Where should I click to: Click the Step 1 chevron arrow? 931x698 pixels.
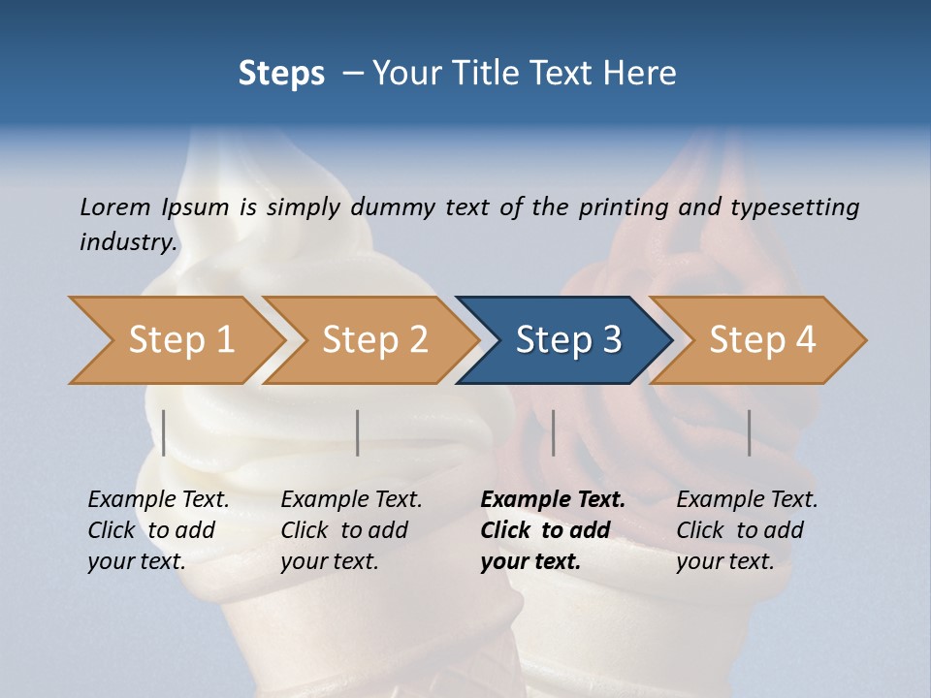[179, 340]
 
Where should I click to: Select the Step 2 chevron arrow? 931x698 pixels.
[373, 340]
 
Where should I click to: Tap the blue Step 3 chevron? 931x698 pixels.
[567, 340]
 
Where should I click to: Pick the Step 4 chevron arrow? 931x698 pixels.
[761, 340]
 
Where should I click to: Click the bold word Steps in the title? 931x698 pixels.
[281, 73]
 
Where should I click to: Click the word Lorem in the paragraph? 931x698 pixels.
[114, 206]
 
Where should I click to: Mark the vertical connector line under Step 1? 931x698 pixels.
[164, 432]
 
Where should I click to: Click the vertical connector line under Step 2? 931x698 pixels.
[358, 432]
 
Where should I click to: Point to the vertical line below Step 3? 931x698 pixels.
[554, 432]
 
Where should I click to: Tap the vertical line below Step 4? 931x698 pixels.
[750, 432]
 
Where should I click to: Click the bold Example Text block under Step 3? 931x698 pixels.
[552, 530]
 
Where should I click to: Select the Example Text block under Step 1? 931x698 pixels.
[158, 530]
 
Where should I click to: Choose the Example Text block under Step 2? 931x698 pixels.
[351, 530]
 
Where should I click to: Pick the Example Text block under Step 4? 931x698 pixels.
[747, 530]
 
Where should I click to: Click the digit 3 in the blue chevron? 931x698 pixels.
[611, 340]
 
